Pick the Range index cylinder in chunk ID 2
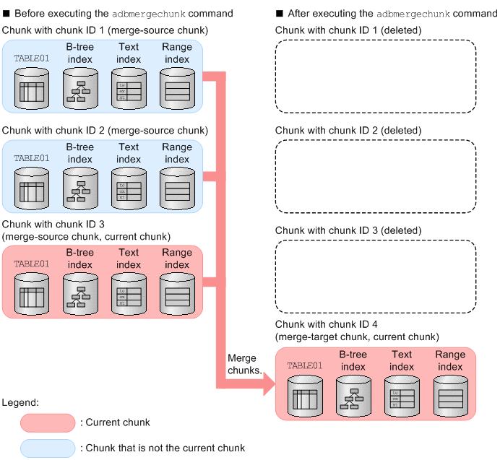[x=177, y=189]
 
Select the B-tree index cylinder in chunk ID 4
[x=353, y=397]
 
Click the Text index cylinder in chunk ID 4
[x=402, y=397]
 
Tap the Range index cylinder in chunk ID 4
[x=450, y=397]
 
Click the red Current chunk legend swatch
[x=48, y=422]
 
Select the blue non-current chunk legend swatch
[x=48, y=448]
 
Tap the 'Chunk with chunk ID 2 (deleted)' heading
[x=348, y=130]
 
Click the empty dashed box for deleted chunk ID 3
[x=376, y=274]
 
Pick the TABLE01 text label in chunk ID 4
[x=303, y=365]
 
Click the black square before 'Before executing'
[x=6, y=13]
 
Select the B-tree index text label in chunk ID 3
[x=79, y=259]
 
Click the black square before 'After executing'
[x=280, y=13]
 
